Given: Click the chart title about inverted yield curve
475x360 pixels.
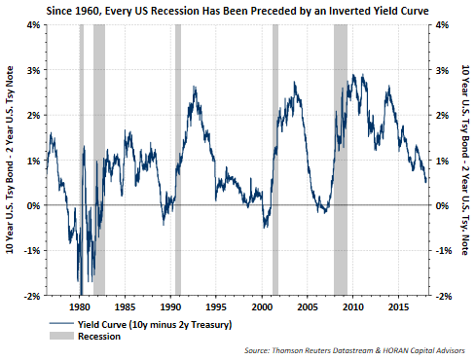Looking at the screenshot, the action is coord(237,11).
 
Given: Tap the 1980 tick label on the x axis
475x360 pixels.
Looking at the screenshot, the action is coord(80,306).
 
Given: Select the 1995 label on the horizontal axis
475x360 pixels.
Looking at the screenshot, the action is coord(216,306).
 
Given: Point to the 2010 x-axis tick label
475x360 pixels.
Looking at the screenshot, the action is coord(353,306).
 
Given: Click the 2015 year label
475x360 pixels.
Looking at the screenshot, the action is coord(399,306).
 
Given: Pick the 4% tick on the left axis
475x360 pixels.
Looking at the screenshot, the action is coord(33,24).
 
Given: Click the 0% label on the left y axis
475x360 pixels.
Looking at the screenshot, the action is coord(33,205).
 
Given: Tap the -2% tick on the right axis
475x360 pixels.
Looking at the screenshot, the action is coord(443,296).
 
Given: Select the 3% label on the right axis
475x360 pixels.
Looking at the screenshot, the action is coord(442,70).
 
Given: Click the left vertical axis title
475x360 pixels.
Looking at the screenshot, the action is coord(10,160).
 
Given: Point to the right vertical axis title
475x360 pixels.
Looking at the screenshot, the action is coord(465,160).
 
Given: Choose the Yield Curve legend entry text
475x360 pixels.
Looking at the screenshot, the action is coord(155,324).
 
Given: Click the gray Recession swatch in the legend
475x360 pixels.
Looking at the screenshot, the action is coord(61,336).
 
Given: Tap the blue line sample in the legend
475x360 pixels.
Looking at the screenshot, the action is coord(61,324).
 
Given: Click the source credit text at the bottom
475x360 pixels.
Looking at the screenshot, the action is coord(354,350).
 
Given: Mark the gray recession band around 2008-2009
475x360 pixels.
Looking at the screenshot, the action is coord(341,160).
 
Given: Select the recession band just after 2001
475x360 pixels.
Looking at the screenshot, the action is coord(275,160).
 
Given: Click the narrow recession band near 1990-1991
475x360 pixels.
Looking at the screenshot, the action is coord(178,160).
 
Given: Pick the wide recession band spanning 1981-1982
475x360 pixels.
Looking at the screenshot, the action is coord(99,160).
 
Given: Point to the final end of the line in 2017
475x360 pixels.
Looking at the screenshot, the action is coord(425,182).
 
